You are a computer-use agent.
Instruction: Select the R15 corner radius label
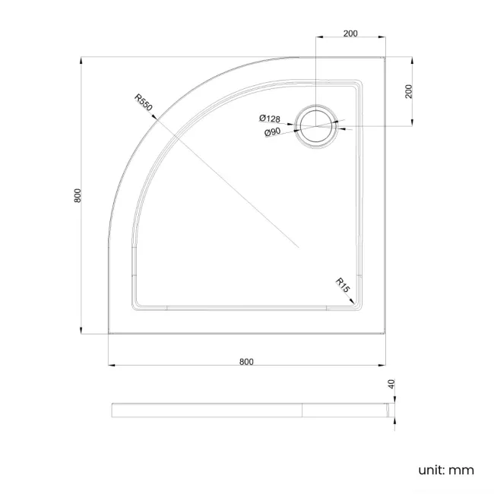[343, 286]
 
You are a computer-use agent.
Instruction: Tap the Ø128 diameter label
[270, 119]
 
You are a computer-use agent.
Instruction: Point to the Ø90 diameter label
[273, 132]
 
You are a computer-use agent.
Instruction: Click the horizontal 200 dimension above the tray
[350, 33]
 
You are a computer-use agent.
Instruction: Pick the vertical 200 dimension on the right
[409, 90]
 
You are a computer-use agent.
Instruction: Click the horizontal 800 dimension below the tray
[246, 361]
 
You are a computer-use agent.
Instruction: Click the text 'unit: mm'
[446, 470]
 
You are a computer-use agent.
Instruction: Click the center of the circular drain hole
[315, 125]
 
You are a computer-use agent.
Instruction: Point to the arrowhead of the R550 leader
[155, 119]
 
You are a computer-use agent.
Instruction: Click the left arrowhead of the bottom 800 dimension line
[111, 367]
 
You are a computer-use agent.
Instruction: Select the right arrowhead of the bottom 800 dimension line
[384, 367]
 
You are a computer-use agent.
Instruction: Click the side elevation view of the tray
[251, 410]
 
